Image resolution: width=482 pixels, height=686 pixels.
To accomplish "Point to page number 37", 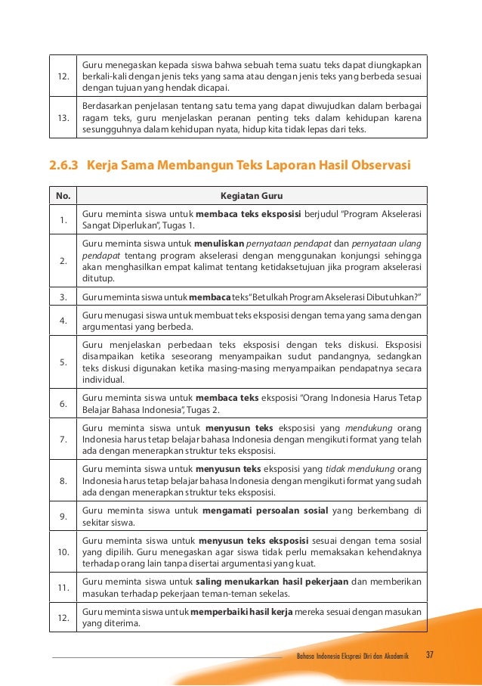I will [x=431, y=654].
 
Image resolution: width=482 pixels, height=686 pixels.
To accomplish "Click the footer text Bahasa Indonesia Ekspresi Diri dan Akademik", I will [x=354, y=655].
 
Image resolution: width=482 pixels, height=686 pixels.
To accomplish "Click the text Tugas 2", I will [x=199, y=409].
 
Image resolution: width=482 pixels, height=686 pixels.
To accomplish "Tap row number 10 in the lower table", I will [x=63, y=552].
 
